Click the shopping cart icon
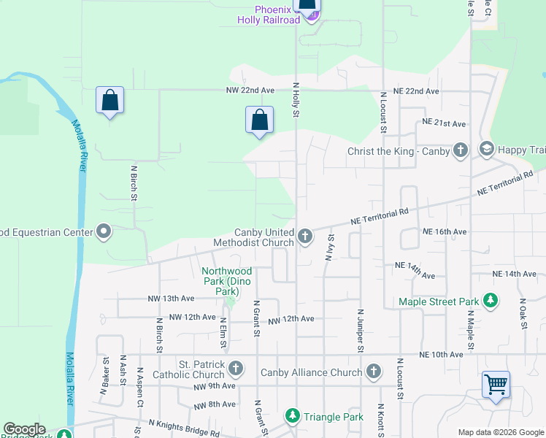click(496, 383)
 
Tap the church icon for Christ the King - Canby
click(460, 150)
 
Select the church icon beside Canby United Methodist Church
click(305, 235)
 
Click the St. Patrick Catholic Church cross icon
click(235, 368)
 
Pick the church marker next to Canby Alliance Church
click(374, 372)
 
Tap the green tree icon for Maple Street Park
click(491, 301)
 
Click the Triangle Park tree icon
click(293, 416)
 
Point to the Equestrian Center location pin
click(104, 232)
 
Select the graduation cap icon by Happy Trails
click(486, 150)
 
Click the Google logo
click(24, 429)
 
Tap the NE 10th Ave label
click(441, 354)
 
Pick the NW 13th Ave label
click(171, 299)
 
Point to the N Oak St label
click(523, 313)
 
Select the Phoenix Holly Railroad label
click(269, 15)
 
